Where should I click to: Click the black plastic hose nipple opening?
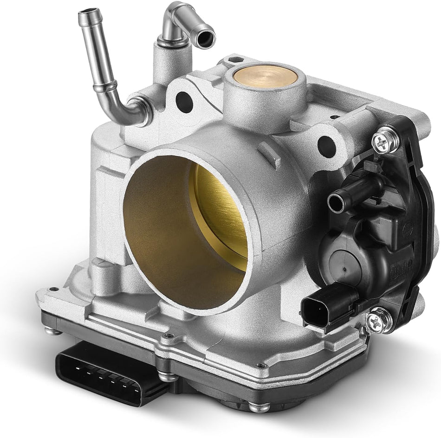[335, 203]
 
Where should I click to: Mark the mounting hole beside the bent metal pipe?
[184, 99]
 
